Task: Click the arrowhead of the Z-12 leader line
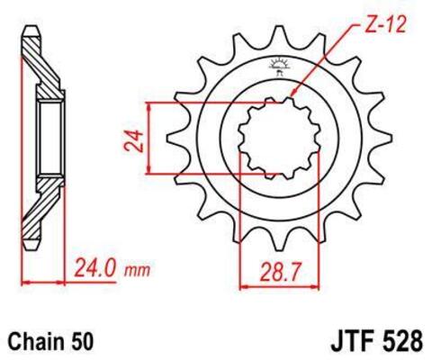pyautogui.click(x=293, y=94)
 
